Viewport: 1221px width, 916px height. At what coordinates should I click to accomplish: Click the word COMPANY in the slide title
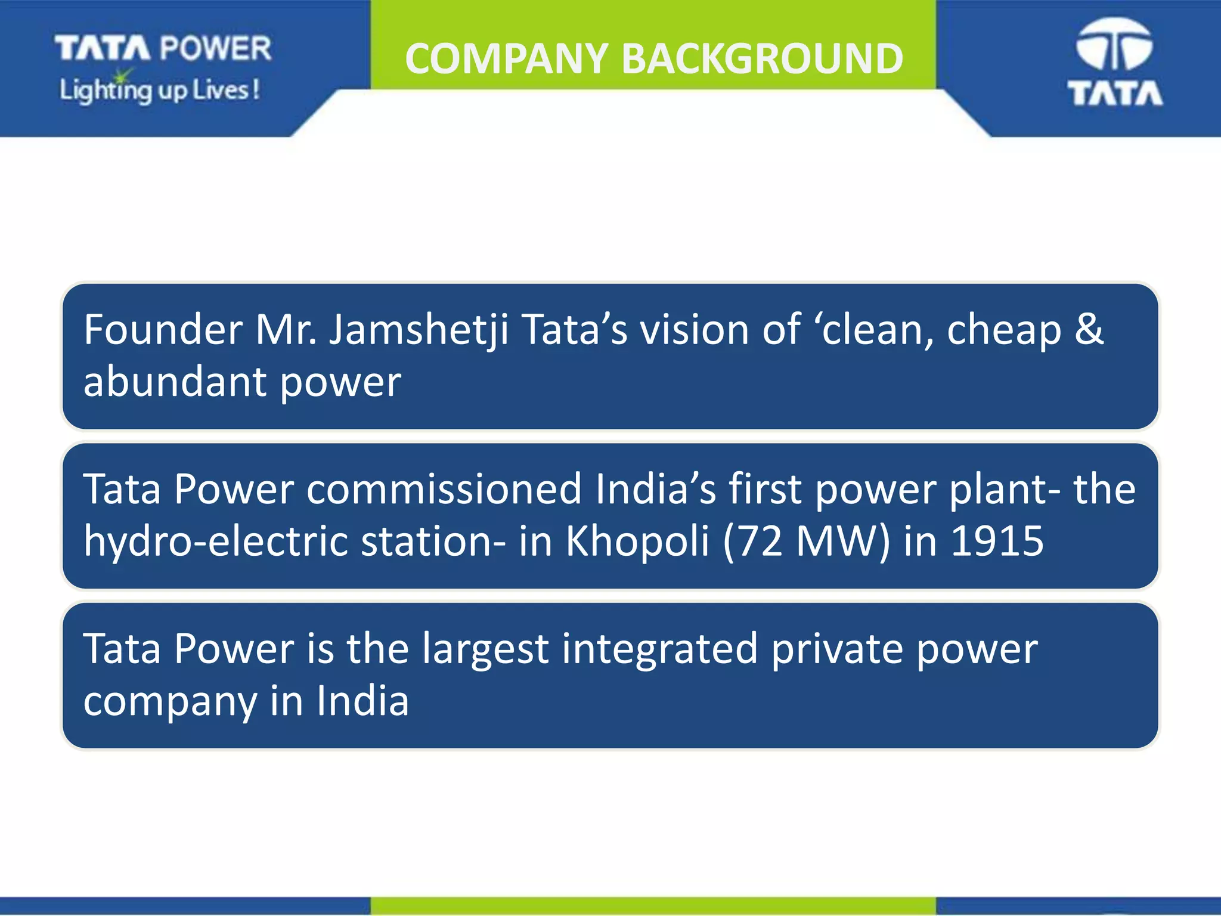(x=506, y=59)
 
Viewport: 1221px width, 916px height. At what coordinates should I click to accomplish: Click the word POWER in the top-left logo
(x=216, y=48)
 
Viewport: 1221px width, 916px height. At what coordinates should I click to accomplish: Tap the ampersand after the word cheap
(x=1089, y=330)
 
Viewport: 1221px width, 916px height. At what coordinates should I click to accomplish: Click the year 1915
(x=996, y=541)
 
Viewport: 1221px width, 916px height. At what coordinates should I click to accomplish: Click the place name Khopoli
(x=637, y=541)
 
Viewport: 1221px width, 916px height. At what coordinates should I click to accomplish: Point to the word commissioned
(x=444, y=490)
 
